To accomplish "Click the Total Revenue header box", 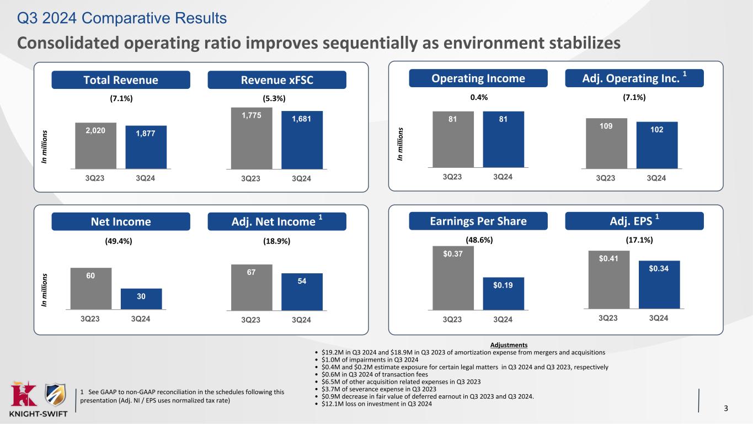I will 121,80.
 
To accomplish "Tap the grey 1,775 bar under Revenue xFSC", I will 252,137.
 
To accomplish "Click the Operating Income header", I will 478,78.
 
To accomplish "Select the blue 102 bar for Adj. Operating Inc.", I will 656,144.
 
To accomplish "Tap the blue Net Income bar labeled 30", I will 141,299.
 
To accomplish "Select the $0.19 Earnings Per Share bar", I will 503,293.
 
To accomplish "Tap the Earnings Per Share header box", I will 478,221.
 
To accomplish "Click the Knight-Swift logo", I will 39,400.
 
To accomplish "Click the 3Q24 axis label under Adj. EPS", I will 659,318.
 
